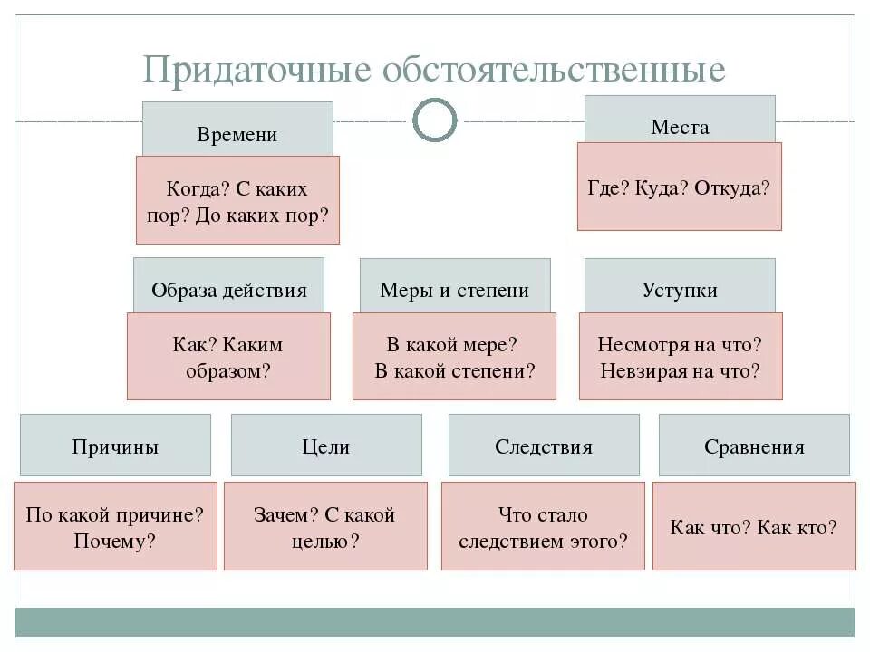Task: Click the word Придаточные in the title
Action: click(256, 71)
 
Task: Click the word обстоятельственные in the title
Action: click(554, 71)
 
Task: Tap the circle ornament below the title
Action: click(435, 120)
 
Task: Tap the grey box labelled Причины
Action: click(115, 446)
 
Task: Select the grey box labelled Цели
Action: click(326, 446)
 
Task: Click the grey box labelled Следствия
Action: click(544, 446)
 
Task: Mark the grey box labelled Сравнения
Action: click(754, 446)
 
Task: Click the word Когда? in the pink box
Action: click(198, 189)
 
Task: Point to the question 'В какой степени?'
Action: click(454, 371)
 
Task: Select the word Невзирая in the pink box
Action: click(646, 370)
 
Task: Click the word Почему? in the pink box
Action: click(115, 542)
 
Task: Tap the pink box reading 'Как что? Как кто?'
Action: click(754, 526)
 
